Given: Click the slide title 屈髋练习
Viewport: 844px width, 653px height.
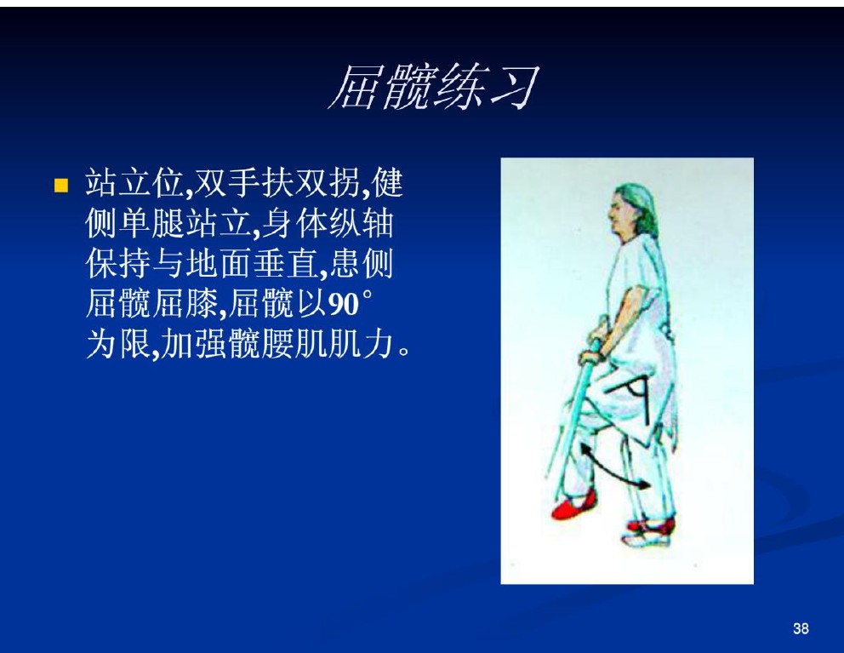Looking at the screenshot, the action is coord(434,88).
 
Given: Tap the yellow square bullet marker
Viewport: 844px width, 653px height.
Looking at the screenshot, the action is coord(61,186).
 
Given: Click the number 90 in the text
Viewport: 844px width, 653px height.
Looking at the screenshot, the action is coord(344,305).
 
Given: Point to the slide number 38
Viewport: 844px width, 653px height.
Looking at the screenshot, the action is coord(801,628).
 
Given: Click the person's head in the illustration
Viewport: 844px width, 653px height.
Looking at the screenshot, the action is coord(633,210).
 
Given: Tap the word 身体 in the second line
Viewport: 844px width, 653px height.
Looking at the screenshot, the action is coord(295,224).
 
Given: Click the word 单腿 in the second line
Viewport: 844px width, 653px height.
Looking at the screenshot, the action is coord(151,224).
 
